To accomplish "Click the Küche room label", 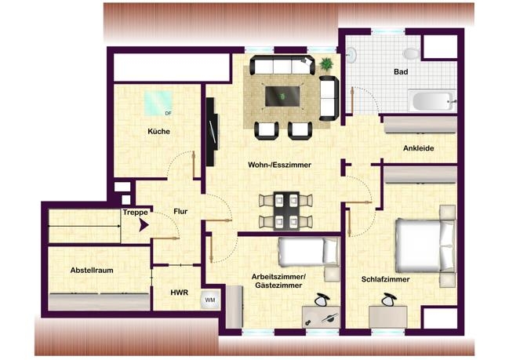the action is coord(158,132).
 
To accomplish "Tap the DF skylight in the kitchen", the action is coord(158,103).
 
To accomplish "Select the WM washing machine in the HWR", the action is coord(209,300).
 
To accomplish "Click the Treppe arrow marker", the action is coord(144,225).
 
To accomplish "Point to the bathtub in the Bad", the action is coord(431,100).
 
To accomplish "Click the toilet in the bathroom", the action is coord(412,53).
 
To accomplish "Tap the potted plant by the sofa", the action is coord(326,64).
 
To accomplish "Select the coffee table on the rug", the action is coord(282,96).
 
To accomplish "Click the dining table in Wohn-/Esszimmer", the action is coord(286,211).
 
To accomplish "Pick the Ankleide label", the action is coord(419,148).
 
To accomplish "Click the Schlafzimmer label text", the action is coord(385,279).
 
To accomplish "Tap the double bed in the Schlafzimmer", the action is coord(425,245).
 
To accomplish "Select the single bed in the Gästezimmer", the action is coord(309,251).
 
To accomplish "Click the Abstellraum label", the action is coord(92,270).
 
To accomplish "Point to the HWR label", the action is coord(179,293).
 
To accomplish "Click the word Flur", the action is coord(180,212).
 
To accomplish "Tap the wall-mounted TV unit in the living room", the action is coord(213,132).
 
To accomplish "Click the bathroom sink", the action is coord(351,55).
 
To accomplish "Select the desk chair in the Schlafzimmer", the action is coord(389,300).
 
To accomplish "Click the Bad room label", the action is coord(401,71).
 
